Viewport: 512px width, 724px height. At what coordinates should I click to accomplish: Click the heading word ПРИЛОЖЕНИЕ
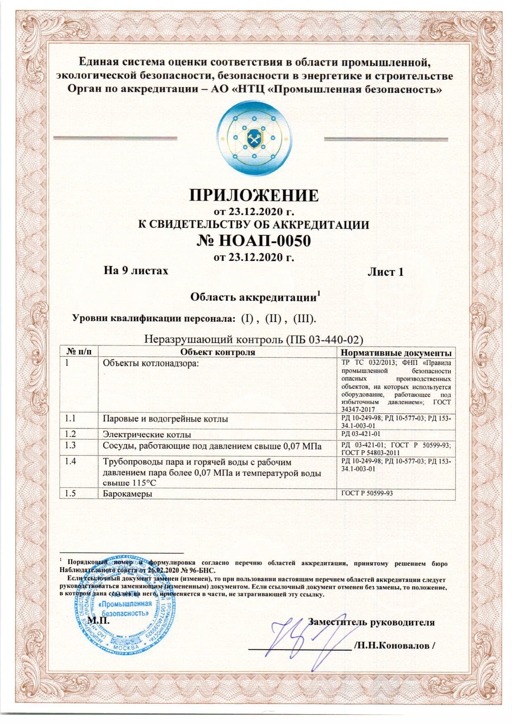point(254,195)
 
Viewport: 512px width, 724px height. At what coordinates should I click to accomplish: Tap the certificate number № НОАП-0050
point(254,241)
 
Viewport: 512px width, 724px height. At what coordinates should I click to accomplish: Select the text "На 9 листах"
point(136,271)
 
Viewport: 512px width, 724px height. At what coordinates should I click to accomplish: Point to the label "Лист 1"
point(385,272)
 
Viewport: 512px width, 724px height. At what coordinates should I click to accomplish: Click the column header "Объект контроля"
point(218,352)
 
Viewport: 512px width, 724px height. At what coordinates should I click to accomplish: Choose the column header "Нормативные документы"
point(396,353)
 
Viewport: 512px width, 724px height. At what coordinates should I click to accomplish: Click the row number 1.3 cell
point(71,445)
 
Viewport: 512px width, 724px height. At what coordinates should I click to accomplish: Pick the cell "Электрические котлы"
point(147,435)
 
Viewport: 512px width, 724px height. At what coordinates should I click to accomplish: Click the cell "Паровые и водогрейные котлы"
point(165,419)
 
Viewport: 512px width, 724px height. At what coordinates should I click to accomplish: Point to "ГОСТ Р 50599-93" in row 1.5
point(367,493)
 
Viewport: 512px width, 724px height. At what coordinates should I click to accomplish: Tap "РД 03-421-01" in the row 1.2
point(361,434)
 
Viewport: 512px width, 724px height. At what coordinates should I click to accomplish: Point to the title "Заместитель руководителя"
point(372,622)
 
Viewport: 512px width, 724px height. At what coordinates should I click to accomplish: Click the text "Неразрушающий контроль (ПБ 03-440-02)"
point(254,339)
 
